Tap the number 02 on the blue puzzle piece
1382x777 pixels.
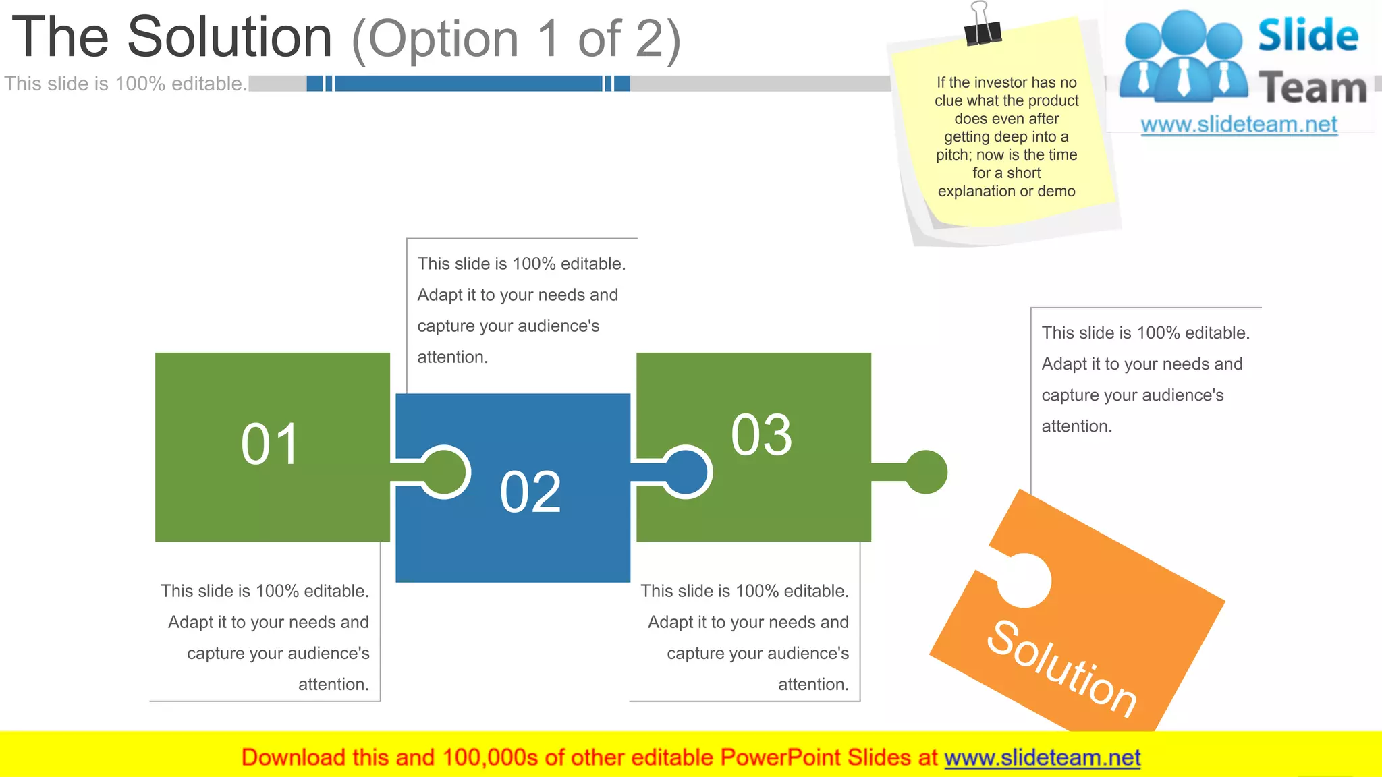click(530, 492)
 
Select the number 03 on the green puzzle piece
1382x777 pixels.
click(761, 435)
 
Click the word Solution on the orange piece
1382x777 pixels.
click(1062, 667)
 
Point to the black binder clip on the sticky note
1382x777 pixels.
click(982, 27)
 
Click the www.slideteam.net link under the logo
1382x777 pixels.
click(1239, 125)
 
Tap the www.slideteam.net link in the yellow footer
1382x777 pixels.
click(1042, 757)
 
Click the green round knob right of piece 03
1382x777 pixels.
click(926, 472)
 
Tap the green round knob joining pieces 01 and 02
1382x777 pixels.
click(445, 472)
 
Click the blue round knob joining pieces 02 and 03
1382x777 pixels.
click(686, 472)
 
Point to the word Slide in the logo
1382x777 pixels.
click(1308, 35)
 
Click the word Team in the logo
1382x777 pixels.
click(1312, 88)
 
